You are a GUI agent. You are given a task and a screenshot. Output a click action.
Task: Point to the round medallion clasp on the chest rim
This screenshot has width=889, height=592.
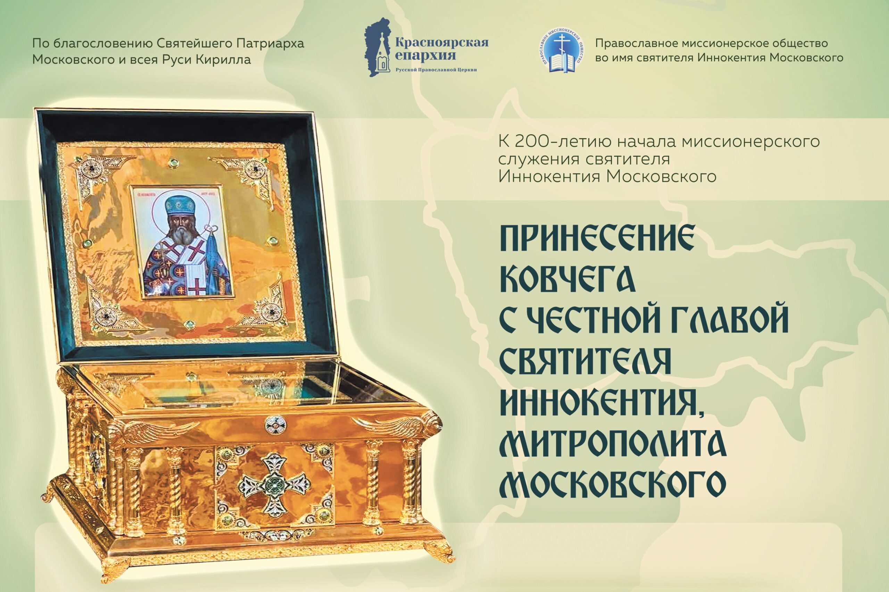click(275, 425)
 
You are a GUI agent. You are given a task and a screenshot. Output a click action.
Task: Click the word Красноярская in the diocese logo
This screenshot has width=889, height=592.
click(442, 42)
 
